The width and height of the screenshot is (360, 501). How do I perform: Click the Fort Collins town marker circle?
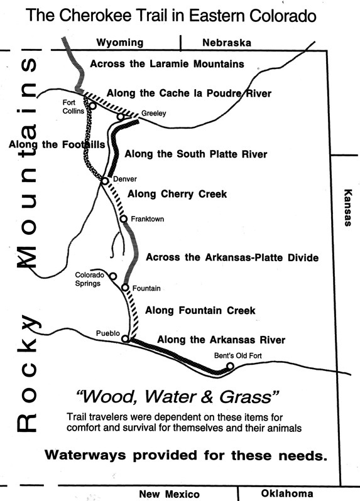click(x=92, y=106)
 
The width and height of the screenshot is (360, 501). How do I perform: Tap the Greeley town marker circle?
click(x=121, y=116)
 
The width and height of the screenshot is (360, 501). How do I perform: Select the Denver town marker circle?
click(x=105, y=181)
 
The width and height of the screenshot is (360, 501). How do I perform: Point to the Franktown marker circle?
click(x=124, y=219)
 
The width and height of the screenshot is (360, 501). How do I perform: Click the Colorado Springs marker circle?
click(x=113, y=276)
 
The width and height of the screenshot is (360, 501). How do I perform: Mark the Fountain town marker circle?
click(x=125, y=288)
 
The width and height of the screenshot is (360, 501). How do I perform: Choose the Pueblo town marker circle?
click(x=125, y=339)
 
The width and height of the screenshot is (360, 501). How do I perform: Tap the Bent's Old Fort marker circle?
click(x=230, y=367)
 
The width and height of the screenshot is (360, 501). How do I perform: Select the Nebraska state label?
click(x=226, y=43)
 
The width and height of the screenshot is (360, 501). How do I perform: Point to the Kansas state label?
click(x=347, y=207)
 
